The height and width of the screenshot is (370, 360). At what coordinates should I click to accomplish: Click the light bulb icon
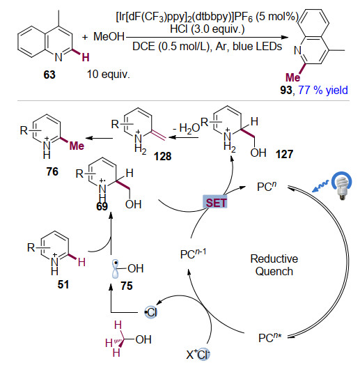(x=342, y=185)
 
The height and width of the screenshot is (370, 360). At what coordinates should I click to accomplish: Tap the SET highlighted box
(x=215, y=202)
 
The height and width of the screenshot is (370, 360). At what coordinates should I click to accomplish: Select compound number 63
(x=49, y=75)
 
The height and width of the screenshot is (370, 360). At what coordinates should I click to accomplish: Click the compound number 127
(x=285, y=154)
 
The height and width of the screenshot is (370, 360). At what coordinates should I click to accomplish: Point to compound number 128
(x=162, y=156)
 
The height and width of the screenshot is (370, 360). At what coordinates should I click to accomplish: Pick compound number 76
(x=52, y=171)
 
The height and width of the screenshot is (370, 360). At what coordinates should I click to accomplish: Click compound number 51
(x=63, y=284)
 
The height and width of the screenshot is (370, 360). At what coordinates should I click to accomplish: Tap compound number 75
(x=127, y=286)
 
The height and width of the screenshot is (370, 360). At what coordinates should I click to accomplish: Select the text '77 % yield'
(x=323, y=90)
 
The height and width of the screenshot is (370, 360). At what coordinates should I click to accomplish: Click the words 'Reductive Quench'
(x=274, y=265)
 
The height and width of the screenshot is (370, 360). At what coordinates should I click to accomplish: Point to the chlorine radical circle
(x=151, y=312)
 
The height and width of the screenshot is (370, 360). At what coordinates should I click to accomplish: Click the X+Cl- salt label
(x=198, y=355)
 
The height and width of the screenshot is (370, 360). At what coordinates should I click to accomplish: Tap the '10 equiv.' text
(x=109, y=75)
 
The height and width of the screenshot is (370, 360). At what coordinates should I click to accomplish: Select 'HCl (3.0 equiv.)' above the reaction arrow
(x=208, y=29)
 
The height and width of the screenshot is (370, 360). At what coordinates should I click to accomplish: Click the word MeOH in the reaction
(x=109, y=36)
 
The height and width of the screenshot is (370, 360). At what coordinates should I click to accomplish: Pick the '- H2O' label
(x=186, y=129)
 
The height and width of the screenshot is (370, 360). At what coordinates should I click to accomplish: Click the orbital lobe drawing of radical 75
(x=116, y=269)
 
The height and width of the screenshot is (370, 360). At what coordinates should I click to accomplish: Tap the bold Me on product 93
(x=293, y=77)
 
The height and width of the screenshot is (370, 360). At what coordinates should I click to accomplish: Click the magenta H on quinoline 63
(x=86, y=57)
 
